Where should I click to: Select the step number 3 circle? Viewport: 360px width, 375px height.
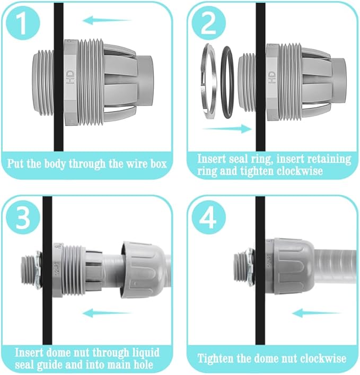[22, 217]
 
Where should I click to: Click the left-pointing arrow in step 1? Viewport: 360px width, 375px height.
[107, 21]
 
